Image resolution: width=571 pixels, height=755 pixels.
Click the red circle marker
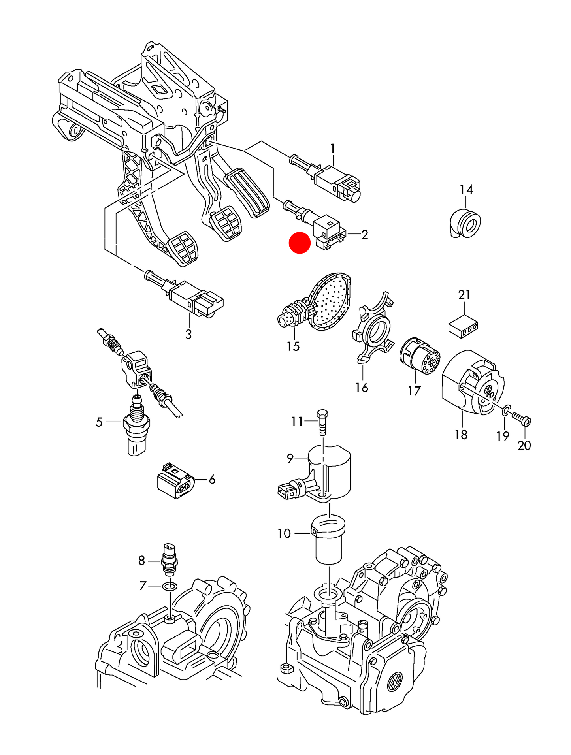(x=300, y=243)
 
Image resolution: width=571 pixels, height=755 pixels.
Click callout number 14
(x=466, y=190)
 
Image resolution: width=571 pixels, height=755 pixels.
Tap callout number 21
(x=464, y=295)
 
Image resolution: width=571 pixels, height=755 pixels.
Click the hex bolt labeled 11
(x=322, y=422)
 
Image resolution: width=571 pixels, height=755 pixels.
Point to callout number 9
(x=290, y=458)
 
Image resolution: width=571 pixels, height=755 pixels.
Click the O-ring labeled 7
(x=170, y=586)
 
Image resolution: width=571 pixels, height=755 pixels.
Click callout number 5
(x=99, y=422)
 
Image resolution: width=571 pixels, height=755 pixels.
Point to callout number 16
(x=361, y=388)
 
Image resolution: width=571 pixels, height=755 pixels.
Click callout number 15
(x=293, y=346)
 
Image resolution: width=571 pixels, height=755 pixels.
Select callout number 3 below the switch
(x=188, y=334)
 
